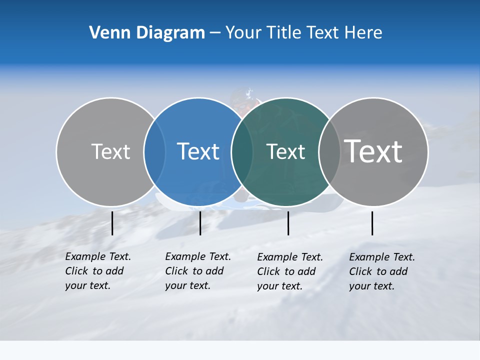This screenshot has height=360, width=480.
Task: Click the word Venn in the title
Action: coord(106,33)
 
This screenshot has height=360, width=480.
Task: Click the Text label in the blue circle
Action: coord(198,151)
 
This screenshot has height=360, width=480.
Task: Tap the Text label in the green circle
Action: coord(285,151)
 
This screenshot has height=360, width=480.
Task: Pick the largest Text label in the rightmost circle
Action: coord(373,151)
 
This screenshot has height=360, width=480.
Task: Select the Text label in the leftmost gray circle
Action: coord(110,151)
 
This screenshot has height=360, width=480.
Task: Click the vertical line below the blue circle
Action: coord(200,223)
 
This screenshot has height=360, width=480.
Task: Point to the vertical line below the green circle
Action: coord(288,223)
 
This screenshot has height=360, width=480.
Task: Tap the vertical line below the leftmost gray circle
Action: coord(112,223)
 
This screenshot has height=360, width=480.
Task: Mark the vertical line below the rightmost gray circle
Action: coord(372,223)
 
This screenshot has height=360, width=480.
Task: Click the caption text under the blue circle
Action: coord(197,271)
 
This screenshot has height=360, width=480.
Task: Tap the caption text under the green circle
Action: coord(289,271)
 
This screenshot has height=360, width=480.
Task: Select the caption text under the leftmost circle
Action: coord(97,271)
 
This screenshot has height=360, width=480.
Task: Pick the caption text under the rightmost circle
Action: coord(381,271)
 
